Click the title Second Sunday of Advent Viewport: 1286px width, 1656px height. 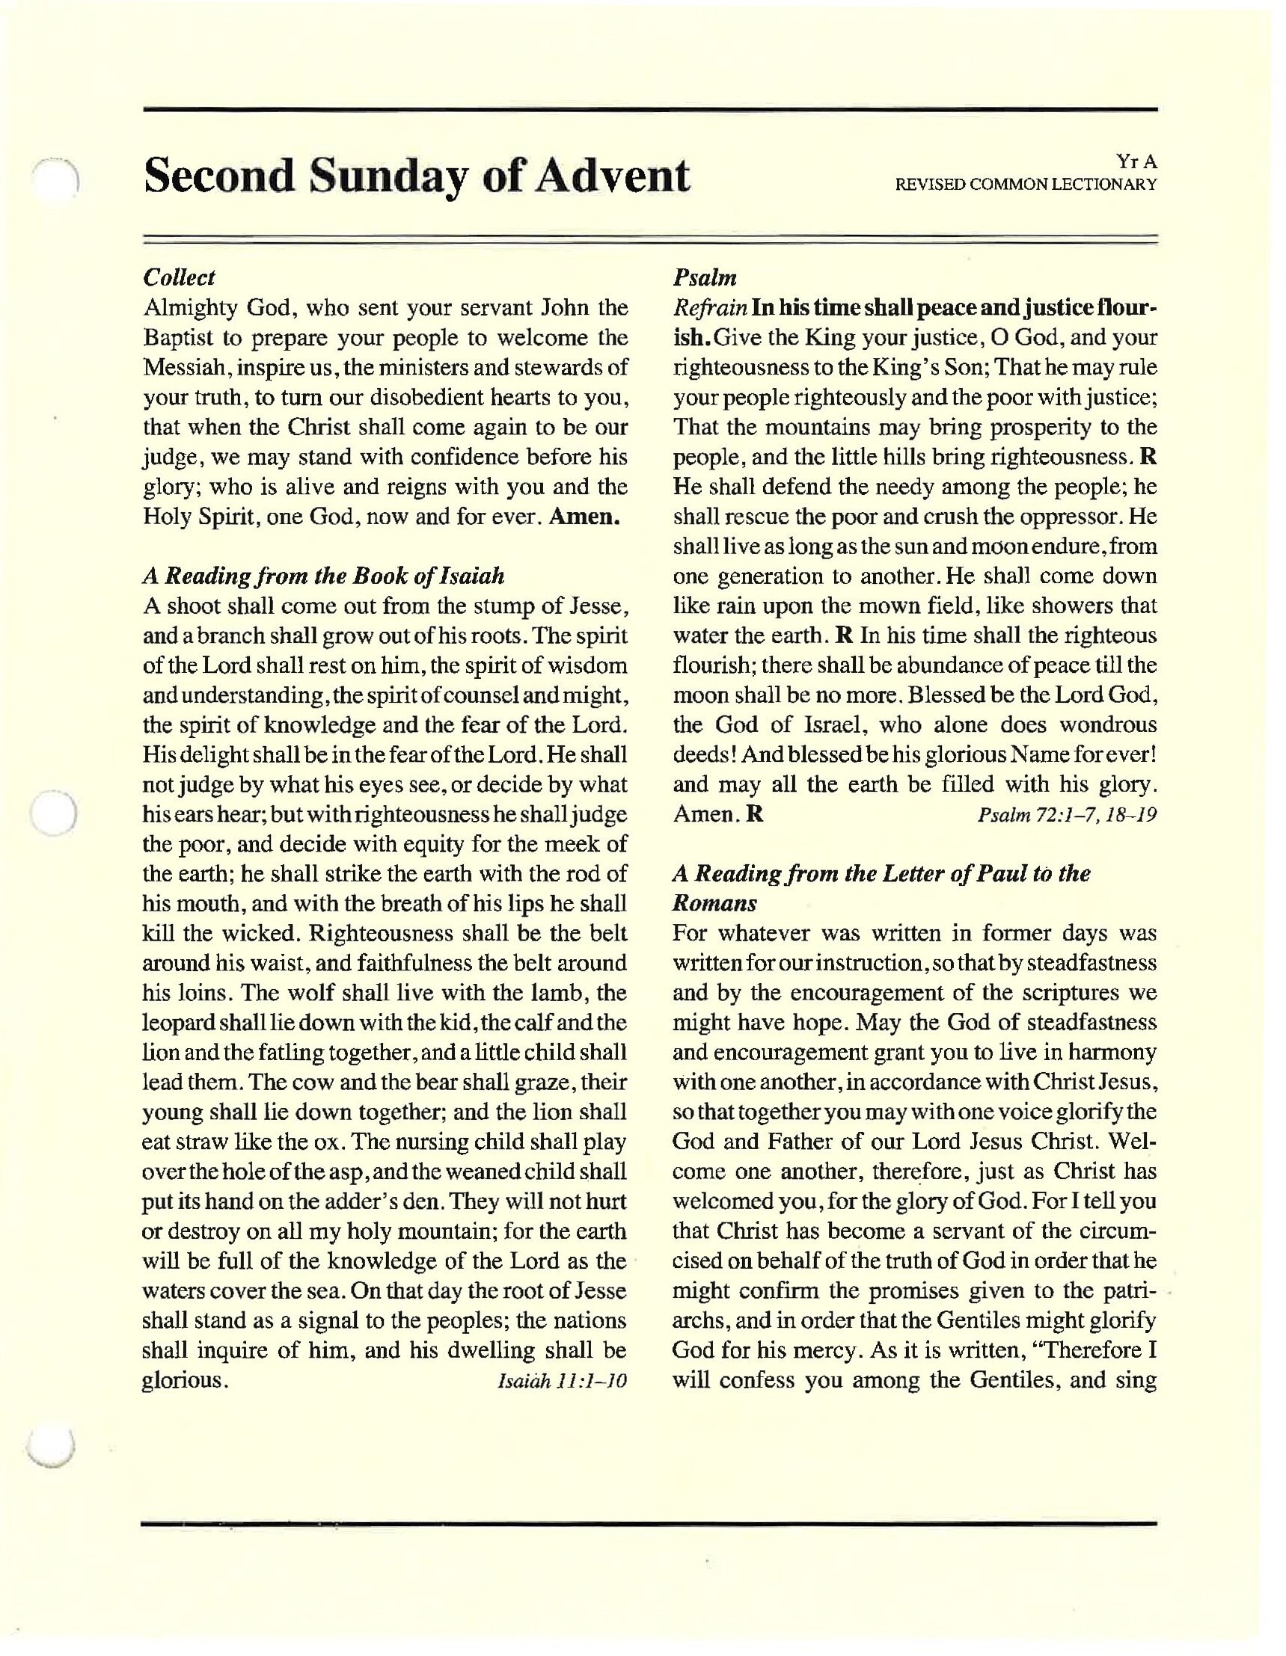[417, 176]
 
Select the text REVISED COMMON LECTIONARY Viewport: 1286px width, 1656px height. [1026, 184]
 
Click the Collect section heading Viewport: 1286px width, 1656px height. [179, 277]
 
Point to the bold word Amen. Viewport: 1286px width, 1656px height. [585, 517]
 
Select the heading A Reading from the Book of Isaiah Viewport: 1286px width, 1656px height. [323, 576]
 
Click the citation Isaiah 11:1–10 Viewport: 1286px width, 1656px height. [562, 1381]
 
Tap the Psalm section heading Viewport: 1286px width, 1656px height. [705, 277]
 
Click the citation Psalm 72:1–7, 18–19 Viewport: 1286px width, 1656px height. [1068, 815]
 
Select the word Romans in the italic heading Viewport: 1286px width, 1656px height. [714, 904]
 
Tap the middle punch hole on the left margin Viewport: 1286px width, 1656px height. [54, 813]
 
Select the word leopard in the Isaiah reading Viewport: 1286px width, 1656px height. [179, 1024]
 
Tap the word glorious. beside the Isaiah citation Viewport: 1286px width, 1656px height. [185, 1381]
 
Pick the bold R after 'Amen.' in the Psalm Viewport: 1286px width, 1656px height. [755, 814]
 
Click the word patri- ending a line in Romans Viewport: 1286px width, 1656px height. [1131, 1291]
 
